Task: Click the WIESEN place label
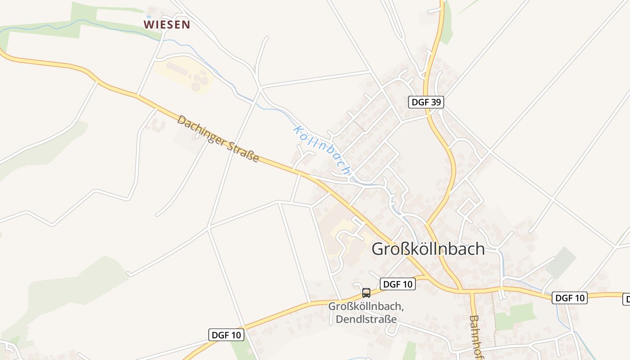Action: [x=166, y=25]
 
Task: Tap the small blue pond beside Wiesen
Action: [x=149, y=16]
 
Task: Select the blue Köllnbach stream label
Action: [x=321, y=150]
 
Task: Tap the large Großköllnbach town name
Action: [x=428, y=249]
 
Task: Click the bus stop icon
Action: [x=366, y=293]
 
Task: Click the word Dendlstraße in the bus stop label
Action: [x=366, y=319]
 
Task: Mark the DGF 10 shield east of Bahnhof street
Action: [x=570, y=298]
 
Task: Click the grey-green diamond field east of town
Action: [x=561, y=262]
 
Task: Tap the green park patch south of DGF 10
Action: [x=513, y=316]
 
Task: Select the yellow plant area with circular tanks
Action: [x=182, y=75]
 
